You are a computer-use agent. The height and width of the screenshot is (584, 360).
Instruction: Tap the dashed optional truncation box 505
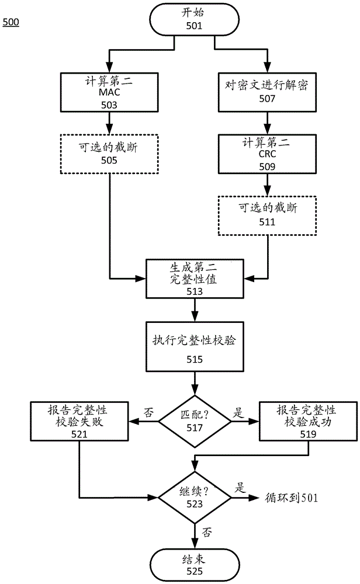pos(109,154)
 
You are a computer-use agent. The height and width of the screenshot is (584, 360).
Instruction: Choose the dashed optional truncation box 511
pos(267,215)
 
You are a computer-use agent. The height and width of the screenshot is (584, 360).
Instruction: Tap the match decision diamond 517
pos(194,419)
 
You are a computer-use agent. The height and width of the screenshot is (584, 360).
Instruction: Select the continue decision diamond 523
pos(194,496)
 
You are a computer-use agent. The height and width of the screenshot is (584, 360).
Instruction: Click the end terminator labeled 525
pos(194,564)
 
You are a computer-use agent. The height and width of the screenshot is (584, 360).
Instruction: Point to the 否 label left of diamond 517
pos(148,412)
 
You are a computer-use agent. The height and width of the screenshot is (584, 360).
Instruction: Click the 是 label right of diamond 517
pos(238,412)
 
